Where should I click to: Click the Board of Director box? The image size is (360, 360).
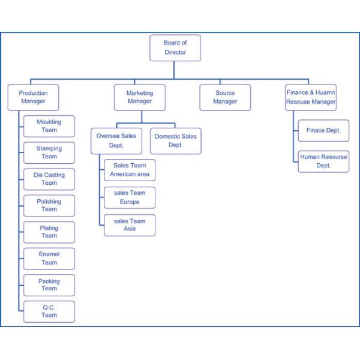coord(175,48)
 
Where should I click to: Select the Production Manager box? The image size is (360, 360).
coord(33,97)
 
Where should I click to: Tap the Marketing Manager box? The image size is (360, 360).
coord(140,97)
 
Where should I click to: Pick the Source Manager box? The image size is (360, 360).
coord(225,97)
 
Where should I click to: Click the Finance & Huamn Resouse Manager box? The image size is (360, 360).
coord(310,97)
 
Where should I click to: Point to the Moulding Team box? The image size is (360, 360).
coord(49,126)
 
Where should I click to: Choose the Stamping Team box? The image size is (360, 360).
coord(49,152)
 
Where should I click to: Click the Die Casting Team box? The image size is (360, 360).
coord(49,179)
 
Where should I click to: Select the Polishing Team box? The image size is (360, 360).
coord(49,205)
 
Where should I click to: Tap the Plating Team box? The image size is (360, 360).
coord(49,232)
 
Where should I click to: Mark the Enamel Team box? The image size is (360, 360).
coord(49,258)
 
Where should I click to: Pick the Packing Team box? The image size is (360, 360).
coord(49,284)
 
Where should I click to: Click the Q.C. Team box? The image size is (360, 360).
coord(49,311)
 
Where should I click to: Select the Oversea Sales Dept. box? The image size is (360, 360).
coord(116,140)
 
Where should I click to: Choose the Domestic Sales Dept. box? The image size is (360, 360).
coord(175,140)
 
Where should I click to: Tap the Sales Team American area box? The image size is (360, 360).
coord(130,170)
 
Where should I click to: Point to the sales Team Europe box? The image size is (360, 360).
coord(130,197)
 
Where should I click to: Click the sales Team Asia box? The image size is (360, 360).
coord(130,225)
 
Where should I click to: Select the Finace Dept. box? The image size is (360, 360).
coord(323,130)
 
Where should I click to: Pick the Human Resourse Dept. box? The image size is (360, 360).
coord(323,161)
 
